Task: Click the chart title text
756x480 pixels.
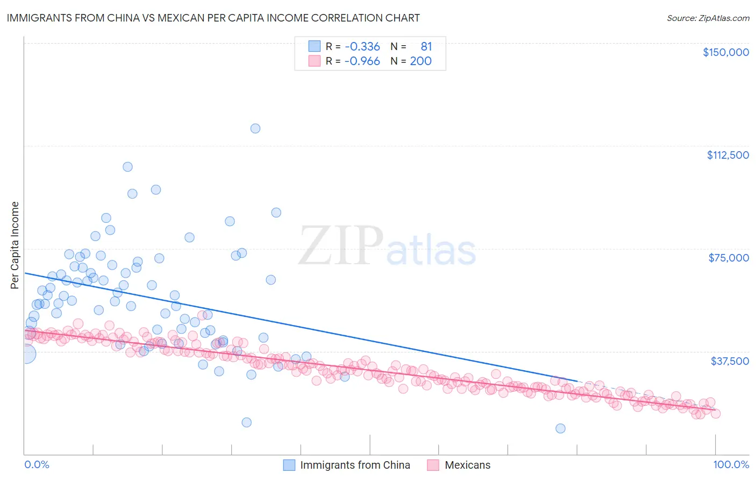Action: click(x=212, y=18)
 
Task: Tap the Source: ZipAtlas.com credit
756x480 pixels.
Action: click(x=708, y=18)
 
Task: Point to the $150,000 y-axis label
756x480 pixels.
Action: click(x=725, y=52)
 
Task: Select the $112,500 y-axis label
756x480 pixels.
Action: click(x=728, y=155)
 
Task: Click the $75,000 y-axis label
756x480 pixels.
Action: click(x=729, y=258)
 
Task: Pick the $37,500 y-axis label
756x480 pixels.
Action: click(x=729, y=361)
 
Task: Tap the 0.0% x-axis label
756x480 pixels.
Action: click(x=37, y=464)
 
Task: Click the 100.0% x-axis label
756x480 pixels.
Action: click(x=731, y=464)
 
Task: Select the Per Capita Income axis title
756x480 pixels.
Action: click(x=15, y=245)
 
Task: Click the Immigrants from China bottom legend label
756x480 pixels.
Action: click(x=355, y=465)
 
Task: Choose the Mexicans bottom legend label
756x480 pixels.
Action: click(x=467, y=465)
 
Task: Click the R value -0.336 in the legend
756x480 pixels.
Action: click(x=362, y=47)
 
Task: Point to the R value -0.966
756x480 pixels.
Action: click(x=362, y=61)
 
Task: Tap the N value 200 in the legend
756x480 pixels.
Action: click(x=420, y=61)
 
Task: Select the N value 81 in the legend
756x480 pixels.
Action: click(x=426, y=47)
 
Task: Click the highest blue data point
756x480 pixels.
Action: click(x=255, y=129)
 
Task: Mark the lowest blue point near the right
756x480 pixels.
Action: click(x=560, y=428)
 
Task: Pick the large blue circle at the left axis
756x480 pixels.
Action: click(x=25, y=354)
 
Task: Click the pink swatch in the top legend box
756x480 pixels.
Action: click(x=314, y=61)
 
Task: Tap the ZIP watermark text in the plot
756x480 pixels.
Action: click(x=341, y=246)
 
